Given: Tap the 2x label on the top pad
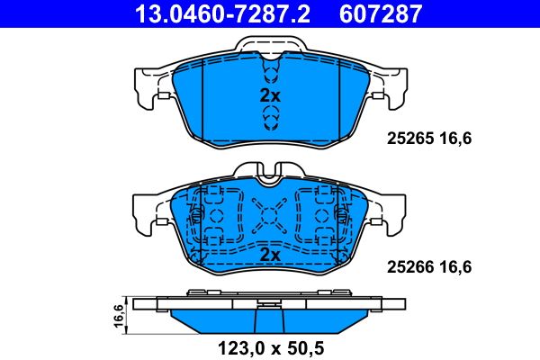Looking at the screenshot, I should tap(270, 94).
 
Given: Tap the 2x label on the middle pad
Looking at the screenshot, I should tap(270, 256).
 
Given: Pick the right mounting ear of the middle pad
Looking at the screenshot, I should tap(390, 216).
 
